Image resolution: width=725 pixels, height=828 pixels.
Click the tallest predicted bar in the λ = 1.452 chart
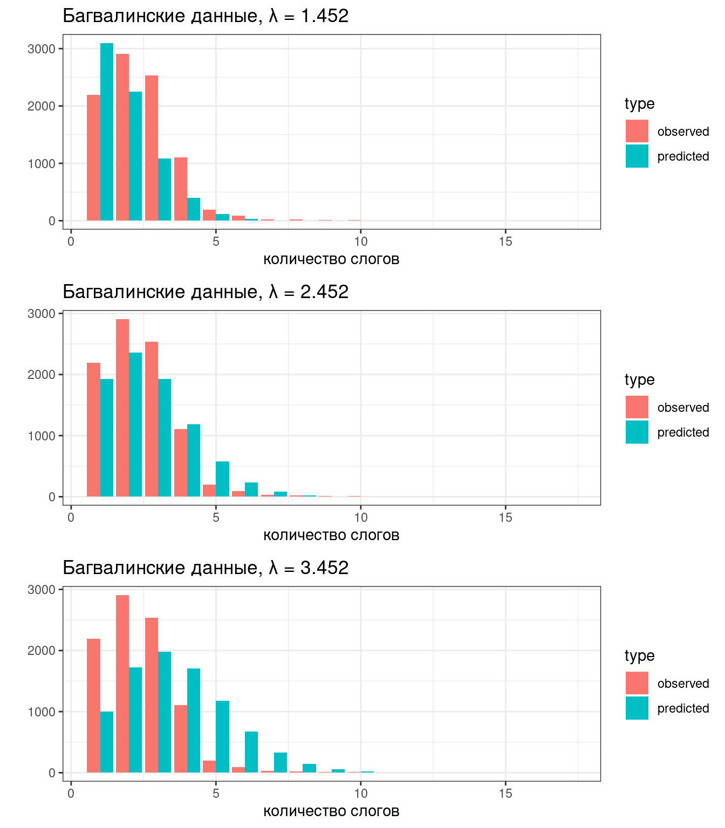(107, 132)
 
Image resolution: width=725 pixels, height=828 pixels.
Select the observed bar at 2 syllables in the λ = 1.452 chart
(122, 137)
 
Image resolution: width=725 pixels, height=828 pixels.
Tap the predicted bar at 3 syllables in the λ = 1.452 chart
(165, 190)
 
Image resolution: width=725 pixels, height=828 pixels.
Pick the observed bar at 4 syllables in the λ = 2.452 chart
(181, 463)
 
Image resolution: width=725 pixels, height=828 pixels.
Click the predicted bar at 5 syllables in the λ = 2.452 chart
(222, 479)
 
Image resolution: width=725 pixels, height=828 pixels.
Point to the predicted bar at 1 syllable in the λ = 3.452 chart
(107, 742)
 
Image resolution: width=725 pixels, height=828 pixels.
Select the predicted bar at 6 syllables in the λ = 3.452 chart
(251, 752)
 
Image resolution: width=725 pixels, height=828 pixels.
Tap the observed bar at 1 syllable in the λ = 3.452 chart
(93, 706)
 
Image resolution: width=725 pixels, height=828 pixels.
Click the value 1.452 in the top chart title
(325, 16)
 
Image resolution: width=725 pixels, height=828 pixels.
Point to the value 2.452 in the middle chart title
(325, 292)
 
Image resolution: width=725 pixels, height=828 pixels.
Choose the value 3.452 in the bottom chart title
(325, 568)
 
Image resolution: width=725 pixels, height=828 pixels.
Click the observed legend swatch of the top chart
(637, 131)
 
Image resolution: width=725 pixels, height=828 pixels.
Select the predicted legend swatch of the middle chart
(637, 432)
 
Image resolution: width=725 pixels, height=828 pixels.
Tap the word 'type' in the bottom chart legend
(640, 655)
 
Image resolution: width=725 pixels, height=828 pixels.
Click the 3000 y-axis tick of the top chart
(42, 49)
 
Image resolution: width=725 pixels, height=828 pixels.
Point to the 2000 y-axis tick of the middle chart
(42, 375)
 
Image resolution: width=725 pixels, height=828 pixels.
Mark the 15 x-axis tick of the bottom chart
(505, 793)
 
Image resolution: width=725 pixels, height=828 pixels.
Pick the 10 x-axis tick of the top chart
(360, 241)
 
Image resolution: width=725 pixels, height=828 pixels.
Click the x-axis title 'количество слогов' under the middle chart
(331, 535)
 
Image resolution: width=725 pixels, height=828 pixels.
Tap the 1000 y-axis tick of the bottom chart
(42, 712)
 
